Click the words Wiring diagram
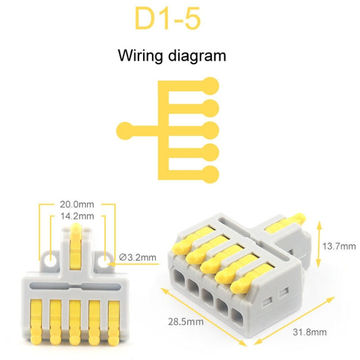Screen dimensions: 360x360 172,55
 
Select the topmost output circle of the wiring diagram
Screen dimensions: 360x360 211,86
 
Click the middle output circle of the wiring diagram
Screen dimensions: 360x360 211,129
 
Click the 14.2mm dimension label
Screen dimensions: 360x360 76,216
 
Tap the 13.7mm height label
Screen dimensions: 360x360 338,247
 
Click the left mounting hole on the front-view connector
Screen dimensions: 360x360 49,259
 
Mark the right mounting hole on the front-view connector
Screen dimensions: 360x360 104,259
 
